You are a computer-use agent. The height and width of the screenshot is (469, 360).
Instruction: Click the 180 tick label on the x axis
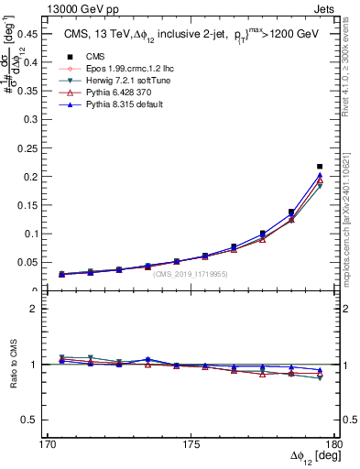coord(334,444)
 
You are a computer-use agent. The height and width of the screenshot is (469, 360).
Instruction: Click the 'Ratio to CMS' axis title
coord(16,365)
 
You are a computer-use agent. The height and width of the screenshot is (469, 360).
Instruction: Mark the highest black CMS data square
coord(320,167)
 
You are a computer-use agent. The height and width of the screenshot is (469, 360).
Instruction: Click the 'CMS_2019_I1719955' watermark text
coord(191,274)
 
